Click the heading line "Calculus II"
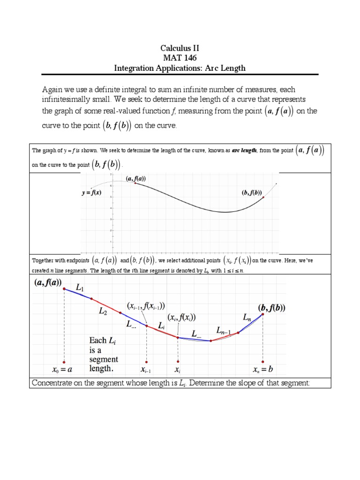coord(180,48)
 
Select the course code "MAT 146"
coord(180,58)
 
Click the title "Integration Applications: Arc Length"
coord(180,68)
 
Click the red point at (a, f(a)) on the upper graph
coord(135,183)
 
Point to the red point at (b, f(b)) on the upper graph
coord(263,197)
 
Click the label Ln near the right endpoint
coord(247,318)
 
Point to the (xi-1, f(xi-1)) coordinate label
coord(146,305)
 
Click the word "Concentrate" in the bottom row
coord(50,383)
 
